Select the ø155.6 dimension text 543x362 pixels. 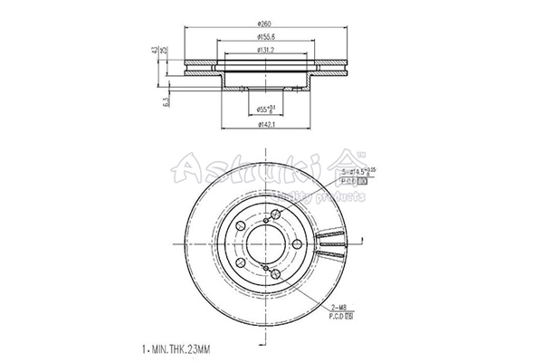click(266, 37)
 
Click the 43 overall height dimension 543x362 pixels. click(155, 51)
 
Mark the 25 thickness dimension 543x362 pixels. click(163, 51)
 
